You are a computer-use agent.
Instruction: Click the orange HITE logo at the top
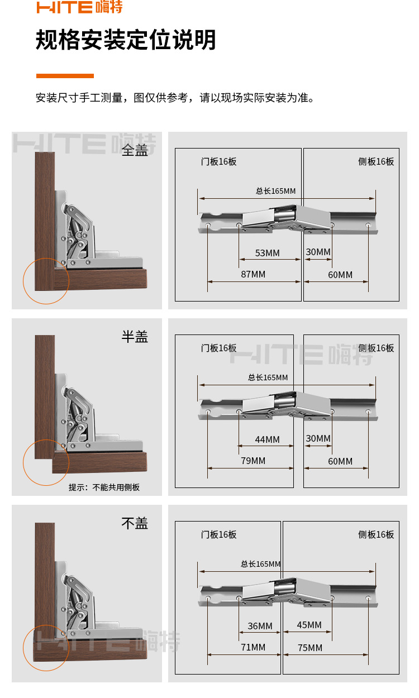pyautogui.click(x=79, y=7)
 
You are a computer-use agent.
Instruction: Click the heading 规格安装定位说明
pyautogui.click(x=126, y=40)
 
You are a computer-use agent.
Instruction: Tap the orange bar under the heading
pyautogui.click(x=65, y=76)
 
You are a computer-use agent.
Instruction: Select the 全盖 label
pyautogui.click(x=135, y=150)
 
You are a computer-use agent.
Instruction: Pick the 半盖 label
pyautogui.click(x=135, y=337)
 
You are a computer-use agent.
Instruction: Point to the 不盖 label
pyautogui.click(x=135, y=523)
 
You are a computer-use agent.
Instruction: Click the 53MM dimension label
pyautogui.click(x=267, y=253)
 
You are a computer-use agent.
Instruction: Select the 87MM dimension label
pyautogui.click(x=253, y=274)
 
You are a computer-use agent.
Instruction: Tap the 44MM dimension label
pyautogui.click(x=267, y=439)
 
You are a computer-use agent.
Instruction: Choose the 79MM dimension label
pyautogui.click(x=253, y=461)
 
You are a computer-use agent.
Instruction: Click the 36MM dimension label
pyautogui.click(x=260, y=626)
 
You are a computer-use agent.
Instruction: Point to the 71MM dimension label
pyautogui.click(x=253, y=647)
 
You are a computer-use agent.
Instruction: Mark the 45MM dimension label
pyautogui.click(x=309, y=625)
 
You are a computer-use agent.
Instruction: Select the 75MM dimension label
pyautogui.click(x=310, y=648)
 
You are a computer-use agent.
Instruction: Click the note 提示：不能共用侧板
pyautogui.click(x=104, y=487)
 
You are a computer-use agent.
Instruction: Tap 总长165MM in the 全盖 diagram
pyautogui.click(x=275, y=191)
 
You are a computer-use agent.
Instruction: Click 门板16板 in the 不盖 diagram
pyautogui.click(x=219, y=534)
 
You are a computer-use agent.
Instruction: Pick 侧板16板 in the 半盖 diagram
pyautogui.click(x=376, y=348)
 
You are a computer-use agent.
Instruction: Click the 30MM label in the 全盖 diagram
pyautogui.click(x=318, y=252)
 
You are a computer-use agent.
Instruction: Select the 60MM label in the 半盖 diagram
pyautogui.click(x=340, y=461)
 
